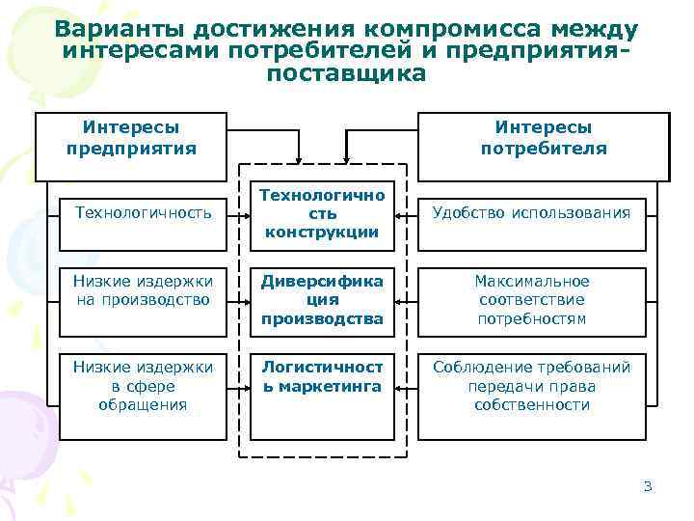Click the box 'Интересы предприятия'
pyautogui.click(x=131, y=138)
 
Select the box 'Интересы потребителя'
pyautogui.click(x=544, y=138)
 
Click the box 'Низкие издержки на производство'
pyautogui.click(x=143, y=290)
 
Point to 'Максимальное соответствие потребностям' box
pyautogui.click(x=531, y=299)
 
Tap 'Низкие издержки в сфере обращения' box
pyautogui.click(x=143, y=386)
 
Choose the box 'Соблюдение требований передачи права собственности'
pyautogui.click(x=531, y=386)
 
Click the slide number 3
pyautogui.click(x=648, y=485)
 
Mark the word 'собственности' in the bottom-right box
pyautogui.click(x=531, y=405)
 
